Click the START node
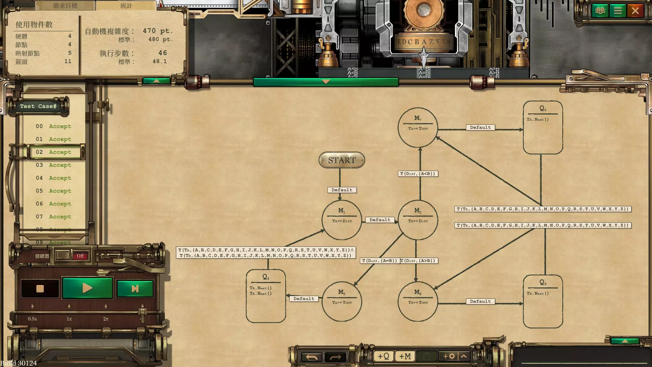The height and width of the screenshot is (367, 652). point(342,160)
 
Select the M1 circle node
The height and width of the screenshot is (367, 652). point(342,220)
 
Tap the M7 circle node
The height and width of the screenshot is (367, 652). point(418,127)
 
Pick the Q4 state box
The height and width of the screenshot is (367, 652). point(266,296)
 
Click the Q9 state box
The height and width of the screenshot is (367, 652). point(543,301)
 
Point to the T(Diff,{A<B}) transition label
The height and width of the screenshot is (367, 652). point(418,174)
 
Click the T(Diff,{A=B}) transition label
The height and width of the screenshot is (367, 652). point(379,261)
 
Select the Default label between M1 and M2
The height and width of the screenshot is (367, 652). point(380,220)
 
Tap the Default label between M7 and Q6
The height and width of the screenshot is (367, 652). point(480,127)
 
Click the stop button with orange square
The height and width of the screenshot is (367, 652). point(40,289)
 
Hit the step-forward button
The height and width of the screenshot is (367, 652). point(135,289)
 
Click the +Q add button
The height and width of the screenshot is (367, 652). point(384,356)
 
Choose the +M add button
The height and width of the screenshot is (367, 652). point(405,356)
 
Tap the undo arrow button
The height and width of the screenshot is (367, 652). point(311,357)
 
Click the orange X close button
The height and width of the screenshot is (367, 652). point(635,11)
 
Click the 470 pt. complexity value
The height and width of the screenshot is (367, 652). point(158,31)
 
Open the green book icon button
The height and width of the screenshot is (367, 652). point(600,11)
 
